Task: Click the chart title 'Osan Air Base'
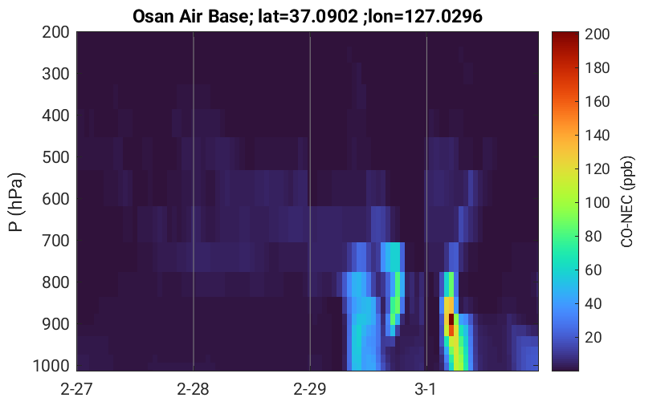tap(190, 17)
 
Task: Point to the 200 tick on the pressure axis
tap(55, 32)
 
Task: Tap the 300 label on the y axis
tap(55, 74)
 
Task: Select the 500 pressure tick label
tap(55, 157)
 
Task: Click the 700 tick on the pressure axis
tap(55, 241)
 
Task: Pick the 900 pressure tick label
tap(55, 324)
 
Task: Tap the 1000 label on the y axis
tap(51, 366)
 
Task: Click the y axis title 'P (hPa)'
tap(16, 202)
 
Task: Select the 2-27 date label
tap(77, 389)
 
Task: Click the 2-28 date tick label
tap(194, 389)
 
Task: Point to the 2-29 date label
tap(310, 389)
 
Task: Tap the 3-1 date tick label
tap(426, 389)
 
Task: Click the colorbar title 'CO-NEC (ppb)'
tap(627, 201)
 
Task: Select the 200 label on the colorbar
tap(598, 34)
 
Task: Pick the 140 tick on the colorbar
tap(598, 135)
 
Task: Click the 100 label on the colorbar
tap(598, 202)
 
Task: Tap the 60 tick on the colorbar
tap(593, 270)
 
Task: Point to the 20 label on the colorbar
tap(593, 337)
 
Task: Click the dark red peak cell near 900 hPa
tap(451, 319)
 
